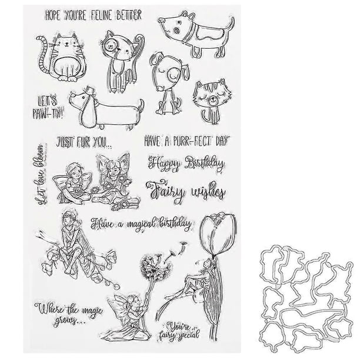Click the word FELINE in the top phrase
[102, 15]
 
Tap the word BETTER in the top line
[129, 15]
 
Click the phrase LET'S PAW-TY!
[48, 107]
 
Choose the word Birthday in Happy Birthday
[205, 164]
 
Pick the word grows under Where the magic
[67, 320]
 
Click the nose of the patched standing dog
[162, 21]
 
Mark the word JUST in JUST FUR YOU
[65, 142]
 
